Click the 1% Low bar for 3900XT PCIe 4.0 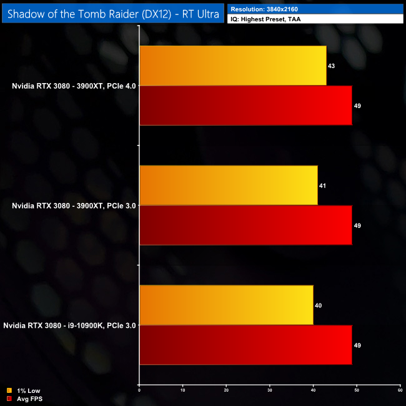coord(232,66)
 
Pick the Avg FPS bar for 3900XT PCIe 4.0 coord(245,106)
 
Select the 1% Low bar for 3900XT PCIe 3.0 coord(228,186)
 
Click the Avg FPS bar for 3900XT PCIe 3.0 coord(245,225)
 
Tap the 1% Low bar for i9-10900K coord(226,305)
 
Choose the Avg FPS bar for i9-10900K coord(245,345)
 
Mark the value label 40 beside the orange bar coord(319,305)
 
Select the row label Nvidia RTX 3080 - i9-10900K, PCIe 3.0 coord(69,325)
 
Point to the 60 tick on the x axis coord(400,390)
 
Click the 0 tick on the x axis coord(139,390)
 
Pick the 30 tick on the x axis coord(269,390)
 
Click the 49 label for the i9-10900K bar coord(357,345)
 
